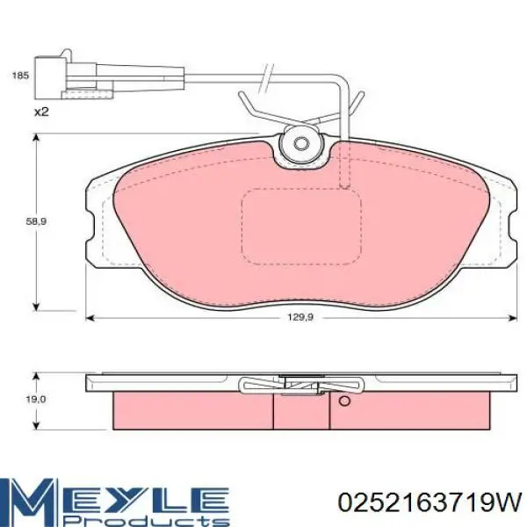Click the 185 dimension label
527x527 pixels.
coord(20,76)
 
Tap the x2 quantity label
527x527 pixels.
coord(41,112)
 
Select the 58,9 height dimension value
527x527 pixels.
coord(36,221)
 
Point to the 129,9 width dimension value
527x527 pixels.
coord(300,317)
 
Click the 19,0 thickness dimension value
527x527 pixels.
coord(36,400)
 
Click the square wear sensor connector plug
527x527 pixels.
coord(50,78)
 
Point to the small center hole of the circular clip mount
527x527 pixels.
coord(300,144)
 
